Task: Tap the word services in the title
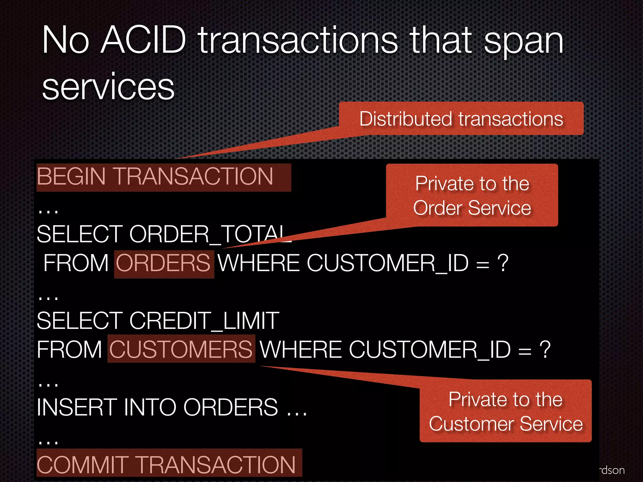point(108,87)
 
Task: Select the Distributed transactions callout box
point(461,119)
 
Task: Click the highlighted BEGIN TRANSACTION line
point(164,177)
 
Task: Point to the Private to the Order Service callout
point(472,195)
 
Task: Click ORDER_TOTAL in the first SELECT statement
point(209,234)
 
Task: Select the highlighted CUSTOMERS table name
point(181,349)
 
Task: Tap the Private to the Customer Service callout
point(505,411)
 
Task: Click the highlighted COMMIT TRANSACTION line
point(169,464)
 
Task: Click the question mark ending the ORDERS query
point(503,263)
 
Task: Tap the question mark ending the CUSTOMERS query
point(545,349)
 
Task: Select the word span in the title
point(523,41)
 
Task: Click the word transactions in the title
point(298,41)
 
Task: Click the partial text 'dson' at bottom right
point(613,470)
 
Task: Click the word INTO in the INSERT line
point(149,407)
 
